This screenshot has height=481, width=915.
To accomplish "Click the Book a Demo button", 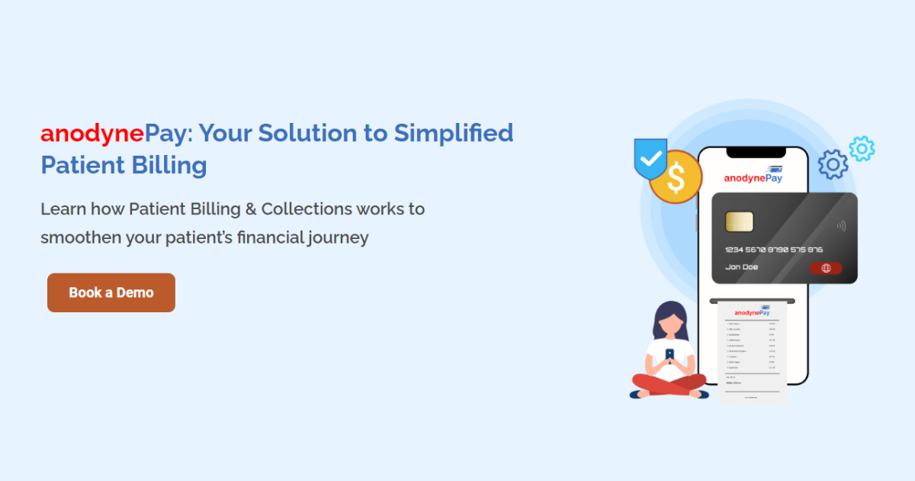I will tap(111, 292).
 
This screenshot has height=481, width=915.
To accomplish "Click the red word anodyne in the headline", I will tap(91, 134).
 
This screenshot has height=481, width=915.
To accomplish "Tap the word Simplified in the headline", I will tap(453, 134).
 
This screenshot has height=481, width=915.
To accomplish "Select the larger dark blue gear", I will tap(833, 164).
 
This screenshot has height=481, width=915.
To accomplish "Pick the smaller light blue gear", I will tap(862, 148).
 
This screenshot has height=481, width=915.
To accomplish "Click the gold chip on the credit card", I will tap(739, 221).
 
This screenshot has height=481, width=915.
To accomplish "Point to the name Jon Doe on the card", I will tap(741, 267).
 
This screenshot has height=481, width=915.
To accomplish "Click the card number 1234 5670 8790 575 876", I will tap(773, 250).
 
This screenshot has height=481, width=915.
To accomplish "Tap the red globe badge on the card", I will tap(826, 268).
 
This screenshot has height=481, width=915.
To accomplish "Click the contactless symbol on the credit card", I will tap(840, 226).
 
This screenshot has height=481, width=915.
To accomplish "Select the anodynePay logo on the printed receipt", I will tap(752, 312).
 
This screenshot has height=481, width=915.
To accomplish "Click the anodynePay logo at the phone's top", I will tap(753, 177).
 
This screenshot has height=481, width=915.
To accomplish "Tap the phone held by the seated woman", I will tap(669, 355).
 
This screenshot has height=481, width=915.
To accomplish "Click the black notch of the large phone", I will tap(754, 153).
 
